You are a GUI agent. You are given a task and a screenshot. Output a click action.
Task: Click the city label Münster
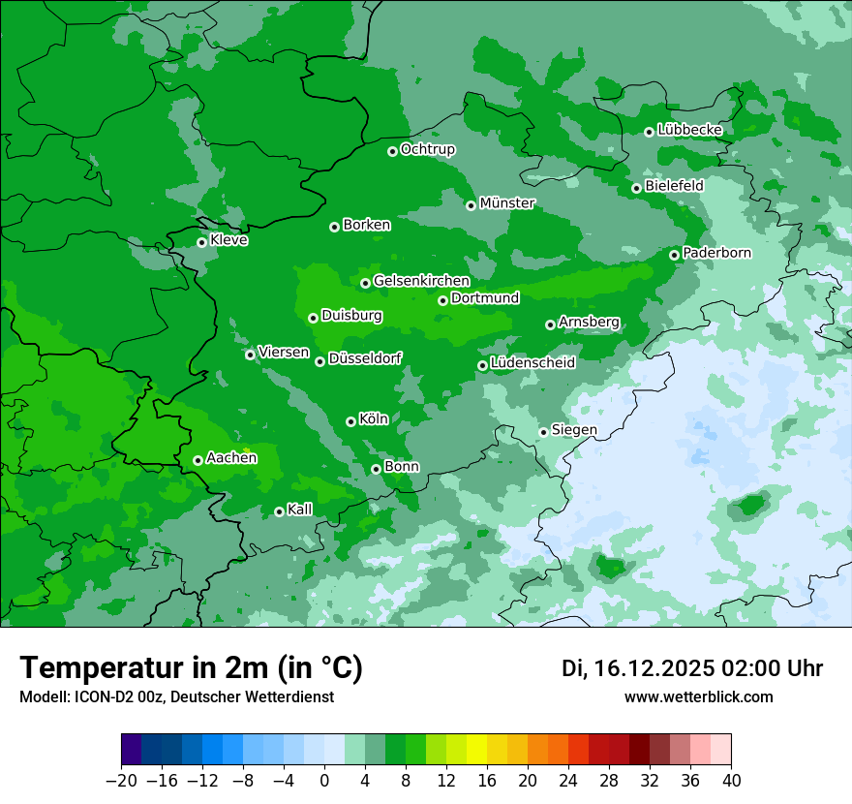click(507, 203)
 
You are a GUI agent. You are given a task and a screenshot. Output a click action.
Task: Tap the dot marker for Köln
click(350, 421)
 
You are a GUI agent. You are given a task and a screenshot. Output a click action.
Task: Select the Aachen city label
click(231, 458)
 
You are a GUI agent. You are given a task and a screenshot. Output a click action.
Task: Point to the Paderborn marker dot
click(674, 255)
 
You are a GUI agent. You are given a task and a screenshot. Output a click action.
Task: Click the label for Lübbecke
click(689, 130)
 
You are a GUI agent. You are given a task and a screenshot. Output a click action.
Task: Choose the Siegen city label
click(574, 430)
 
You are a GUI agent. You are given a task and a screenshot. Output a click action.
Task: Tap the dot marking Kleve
click(201, 242)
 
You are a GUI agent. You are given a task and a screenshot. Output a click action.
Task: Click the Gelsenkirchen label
click(421, 281)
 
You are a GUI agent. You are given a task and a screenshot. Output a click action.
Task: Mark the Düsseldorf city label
click(365, 359)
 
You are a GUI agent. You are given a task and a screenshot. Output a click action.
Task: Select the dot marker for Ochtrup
click(392, 151)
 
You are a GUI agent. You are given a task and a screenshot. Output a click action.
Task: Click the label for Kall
click(300, 510)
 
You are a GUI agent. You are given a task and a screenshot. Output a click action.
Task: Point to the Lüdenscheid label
click(532, 363)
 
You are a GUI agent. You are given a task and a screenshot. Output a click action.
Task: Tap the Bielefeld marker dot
click(636, 188)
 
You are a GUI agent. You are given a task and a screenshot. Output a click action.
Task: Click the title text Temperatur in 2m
click(145, 668)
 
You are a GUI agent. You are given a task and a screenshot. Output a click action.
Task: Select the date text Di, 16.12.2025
click(638, 668)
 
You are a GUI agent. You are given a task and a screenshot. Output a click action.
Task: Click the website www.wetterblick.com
click(698, 696)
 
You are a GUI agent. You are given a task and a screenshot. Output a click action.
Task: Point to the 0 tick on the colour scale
click(324, 780)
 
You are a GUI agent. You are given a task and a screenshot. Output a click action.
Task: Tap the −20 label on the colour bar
click(121, 780)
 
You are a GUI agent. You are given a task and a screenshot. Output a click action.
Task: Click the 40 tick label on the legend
click(731, 780)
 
